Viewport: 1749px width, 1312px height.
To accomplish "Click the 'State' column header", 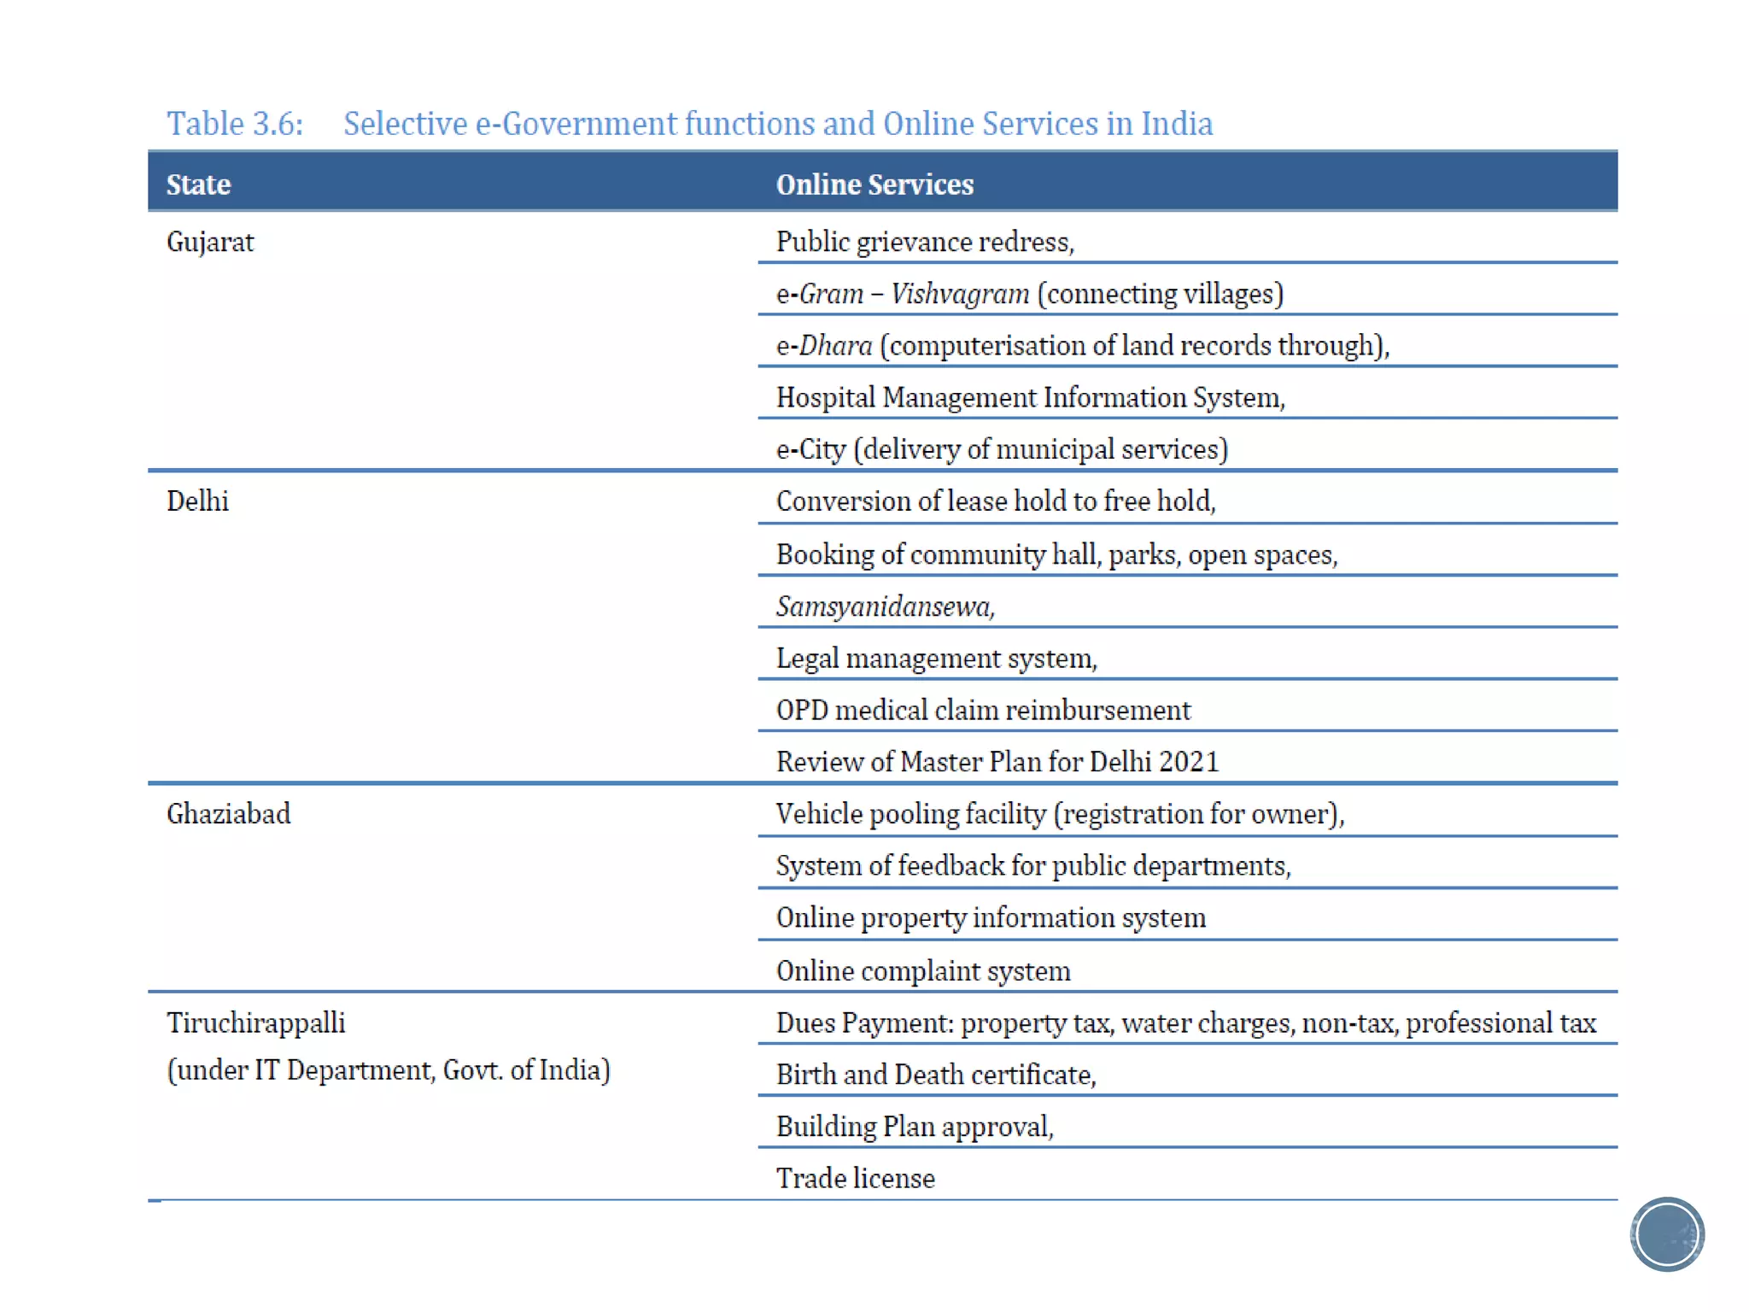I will click(198, 184).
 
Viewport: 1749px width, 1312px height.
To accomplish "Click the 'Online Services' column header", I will click(874, 184).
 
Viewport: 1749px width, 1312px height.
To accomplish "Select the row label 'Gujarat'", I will click(210, 243).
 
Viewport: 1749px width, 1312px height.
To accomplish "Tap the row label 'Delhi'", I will click(197, 501).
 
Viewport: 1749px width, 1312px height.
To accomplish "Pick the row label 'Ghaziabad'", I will click(228, 814).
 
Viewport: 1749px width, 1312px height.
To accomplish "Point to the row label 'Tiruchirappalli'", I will click(255, 1022).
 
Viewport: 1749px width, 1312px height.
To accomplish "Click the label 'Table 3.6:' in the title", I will click(235, 124).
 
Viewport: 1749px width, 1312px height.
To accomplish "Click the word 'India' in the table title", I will click(1177, 124).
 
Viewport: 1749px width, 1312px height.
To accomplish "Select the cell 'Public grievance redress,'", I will click(925, 243).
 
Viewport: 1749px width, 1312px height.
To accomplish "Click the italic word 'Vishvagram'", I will click(960, 294).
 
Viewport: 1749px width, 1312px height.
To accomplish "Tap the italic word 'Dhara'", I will click(835, 346).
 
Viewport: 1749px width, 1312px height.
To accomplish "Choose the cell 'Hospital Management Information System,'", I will click(1030, 398).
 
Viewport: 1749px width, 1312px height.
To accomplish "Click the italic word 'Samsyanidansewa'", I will click(883, 606).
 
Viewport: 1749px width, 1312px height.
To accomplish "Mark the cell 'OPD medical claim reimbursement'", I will click(983, 711).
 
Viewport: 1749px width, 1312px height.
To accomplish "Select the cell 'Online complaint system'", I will click(923, 971).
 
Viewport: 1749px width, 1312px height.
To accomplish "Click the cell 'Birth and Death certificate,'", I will click(936, 1075).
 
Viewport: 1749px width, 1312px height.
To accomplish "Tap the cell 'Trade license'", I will click(856, 1179).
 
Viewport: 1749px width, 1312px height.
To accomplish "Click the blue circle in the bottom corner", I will click(1667, 1234).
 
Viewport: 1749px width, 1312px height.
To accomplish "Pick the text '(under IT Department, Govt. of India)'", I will click(389, 1070).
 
